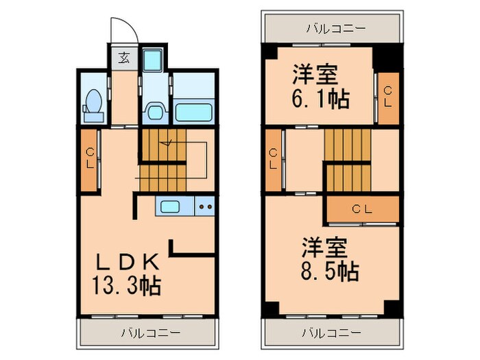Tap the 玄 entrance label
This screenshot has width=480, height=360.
pyautogui.click(x=124, y=57)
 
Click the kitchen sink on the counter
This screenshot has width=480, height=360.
pyautogui.click(x=169, y=205)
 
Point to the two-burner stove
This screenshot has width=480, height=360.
pyautogui.click(x=205, y=205)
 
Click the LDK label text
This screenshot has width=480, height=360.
pyautogui.click(x=128, y=262)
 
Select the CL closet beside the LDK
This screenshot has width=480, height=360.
pyautogui.click(x=91, y=158)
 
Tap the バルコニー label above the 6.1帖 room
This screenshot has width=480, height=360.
pyautogui.click(x=335, y=29)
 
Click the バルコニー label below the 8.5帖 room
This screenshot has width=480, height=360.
pyautogui.click(x=333, y=334)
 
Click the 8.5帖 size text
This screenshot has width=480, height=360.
pyautogui.click(x=328, y=272)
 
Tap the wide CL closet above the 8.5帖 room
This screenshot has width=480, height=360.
pyautogui.click(x=363, y=208)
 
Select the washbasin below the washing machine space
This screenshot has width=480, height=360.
pyautogui.click(x=156, y=111)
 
